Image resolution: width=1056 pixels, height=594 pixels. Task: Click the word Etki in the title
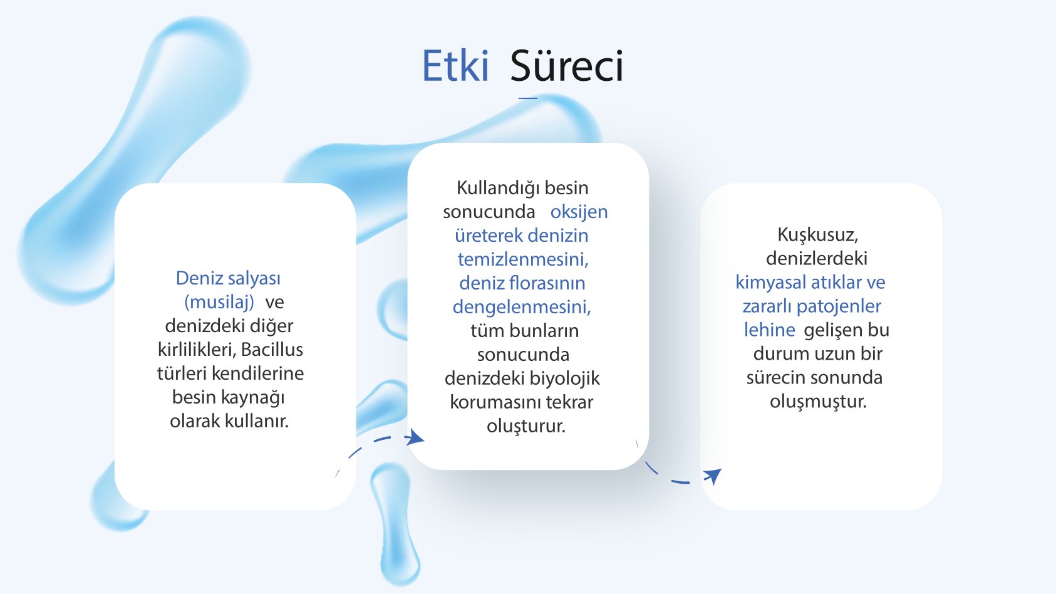(455, 66)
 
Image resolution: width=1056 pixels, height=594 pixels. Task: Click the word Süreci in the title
(566, 66)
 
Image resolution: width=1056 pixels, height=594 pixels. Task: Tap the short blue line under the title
(528, 98)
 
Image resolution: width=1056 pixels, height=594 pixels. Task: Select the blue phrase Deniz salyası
(228, 278)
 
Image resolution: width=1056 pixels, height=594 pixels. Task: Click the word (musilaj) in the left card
(219, 302)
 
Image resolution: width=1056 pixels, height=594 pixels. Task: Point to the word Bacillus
(272, 350)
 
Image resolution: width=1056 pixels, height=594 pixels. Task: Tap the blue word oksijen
(579, 212)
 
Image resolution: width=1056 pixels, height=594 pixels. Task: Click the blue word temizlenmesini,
(522, 259)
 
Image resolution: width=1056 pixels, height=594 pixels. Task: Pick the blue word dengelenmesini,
(522, 307)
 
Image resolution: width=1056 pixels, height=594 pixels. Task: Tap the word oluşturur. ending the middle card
(525, 426)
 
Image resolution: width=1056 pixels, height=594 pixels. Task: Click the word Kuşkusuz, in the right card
(817, 235)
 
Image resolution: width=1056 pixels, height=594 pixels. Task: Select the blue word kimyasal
(771, 283)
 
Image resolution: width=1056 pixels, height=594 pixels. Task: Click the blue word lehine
(769, 330)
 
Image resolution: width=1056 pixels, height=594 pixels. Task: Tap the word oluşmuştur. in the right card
(818, 402)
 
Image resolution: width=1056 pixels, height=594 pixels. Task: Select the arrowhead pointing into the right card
(713, 476)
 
